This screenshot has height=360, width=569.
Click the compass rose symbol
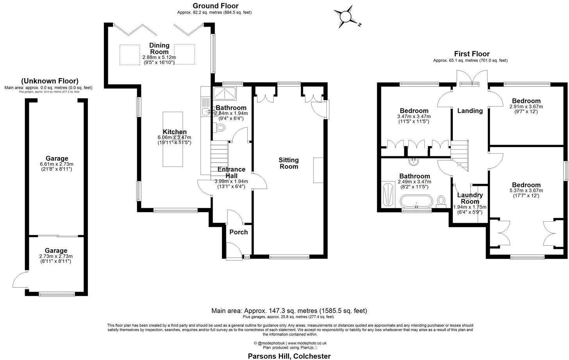click(346, 17)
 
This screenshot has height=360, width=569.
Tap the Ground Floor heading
click(215, 6)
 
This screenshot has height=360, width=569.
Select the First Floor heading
click(472, 54)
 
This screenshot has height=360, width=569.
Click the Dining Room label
click(159, 48)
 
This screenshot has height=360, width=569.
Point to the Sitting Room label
click(288, 163)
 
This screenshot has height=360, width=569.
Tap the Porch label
click(238, 232)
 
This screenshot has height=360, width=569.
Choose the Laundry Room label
click(470, 198)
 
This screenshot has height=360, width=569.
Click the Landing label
click(470, 111)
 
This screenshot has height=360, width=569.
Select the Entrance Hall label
click(231, 172)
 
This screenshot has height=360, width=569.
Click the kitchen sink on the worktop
click(206, 112)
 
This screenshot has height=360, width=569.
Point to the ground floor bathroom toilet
click(220, 127)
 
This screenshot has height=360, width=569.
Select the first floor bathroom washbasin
click(413, 161)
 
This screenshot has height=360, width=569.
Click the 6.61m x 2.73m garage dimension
click(57, 164)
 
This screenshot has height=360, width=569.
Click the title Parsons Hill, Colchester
click(289, 356)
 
